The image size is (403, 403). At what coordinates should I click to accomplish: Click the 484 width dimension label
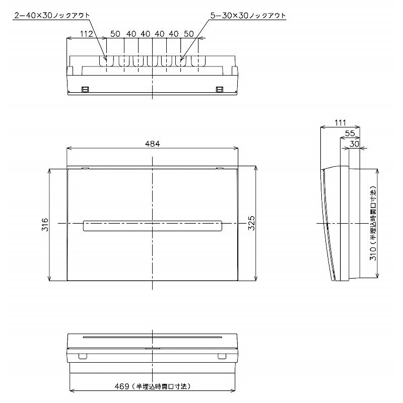(153, 144)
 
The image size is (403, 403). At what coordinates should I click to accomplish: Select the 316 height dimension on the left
(45, 224)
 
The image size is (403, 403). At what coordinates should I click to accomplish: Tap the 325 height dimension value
(251, 223)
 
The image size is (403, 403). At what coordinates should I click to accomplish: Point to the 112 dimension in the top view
(86, 34)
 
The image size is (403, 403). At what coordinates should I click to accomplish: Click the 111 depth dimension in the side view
(340, 123)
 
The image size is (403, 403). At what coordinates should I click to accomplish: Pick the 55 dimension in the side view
(350, 133)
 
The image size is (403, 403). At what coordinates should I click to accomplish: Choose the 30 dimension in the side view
(355, 144)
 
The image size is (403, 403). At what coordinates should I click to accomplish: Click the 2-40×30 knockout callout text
(52, 16)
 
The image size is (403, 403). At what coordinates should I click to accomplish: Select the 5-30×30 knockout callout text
(248, 16)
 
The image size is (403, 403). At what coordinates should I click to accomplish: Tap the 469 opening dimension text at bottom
(153, 386)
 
